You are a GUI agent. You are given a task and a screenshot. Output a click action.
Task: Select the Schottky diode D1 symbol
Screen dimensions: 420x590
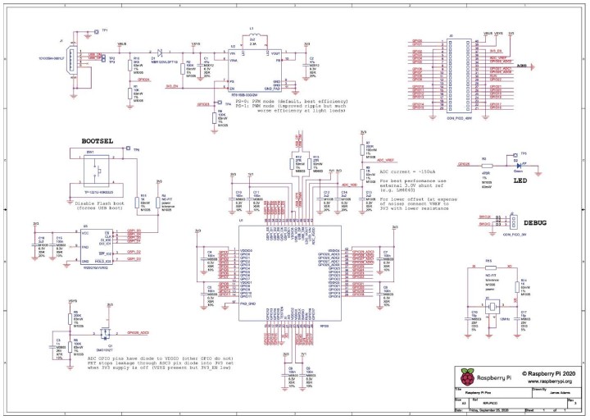(161, 51)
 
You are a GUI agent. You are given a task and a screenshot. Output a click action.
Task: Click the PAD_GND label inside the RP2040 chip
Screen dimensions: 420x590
(249, 304)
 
